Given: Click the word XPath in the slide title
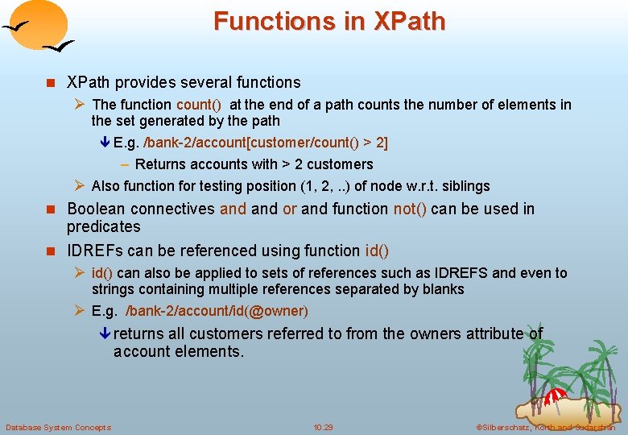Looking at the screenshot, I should click(409, 22).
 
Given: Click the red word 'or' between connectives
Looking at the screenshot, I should click(290, 209).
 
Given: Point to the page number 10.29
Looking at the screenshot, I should click(323, 427).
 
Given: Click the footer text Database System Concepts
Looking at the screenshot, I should click(58, 427).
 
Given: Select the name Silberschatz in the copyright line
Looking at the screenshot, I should click(511, 427).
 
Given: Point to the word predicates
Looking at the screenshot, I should click(103, 227).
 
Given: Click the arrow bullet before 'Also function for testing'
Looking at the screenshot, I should click(80, 186).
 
